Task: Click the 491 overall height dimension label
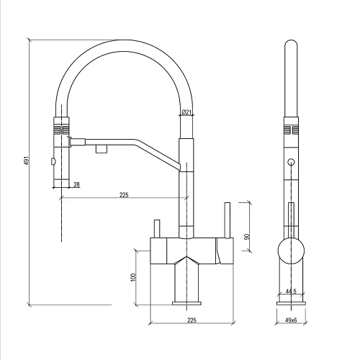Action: coord(27,161)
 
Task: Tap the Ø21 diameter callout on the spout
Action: coord(186,112)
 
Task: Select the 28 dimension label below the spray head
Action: coord(76,184)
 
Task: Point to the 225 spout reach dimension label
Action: coord(124,194)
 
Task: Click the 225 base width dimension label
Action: coord(192,320)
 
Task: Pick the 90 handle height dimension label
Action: coord(246,236)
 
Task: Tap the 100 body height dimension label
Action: coord(133,277)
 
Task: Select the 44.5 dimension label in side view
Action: coord(291,292)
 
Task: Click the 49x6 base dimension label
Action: coord(291,320)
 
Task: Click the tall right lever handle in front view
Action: coord(228,220)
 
